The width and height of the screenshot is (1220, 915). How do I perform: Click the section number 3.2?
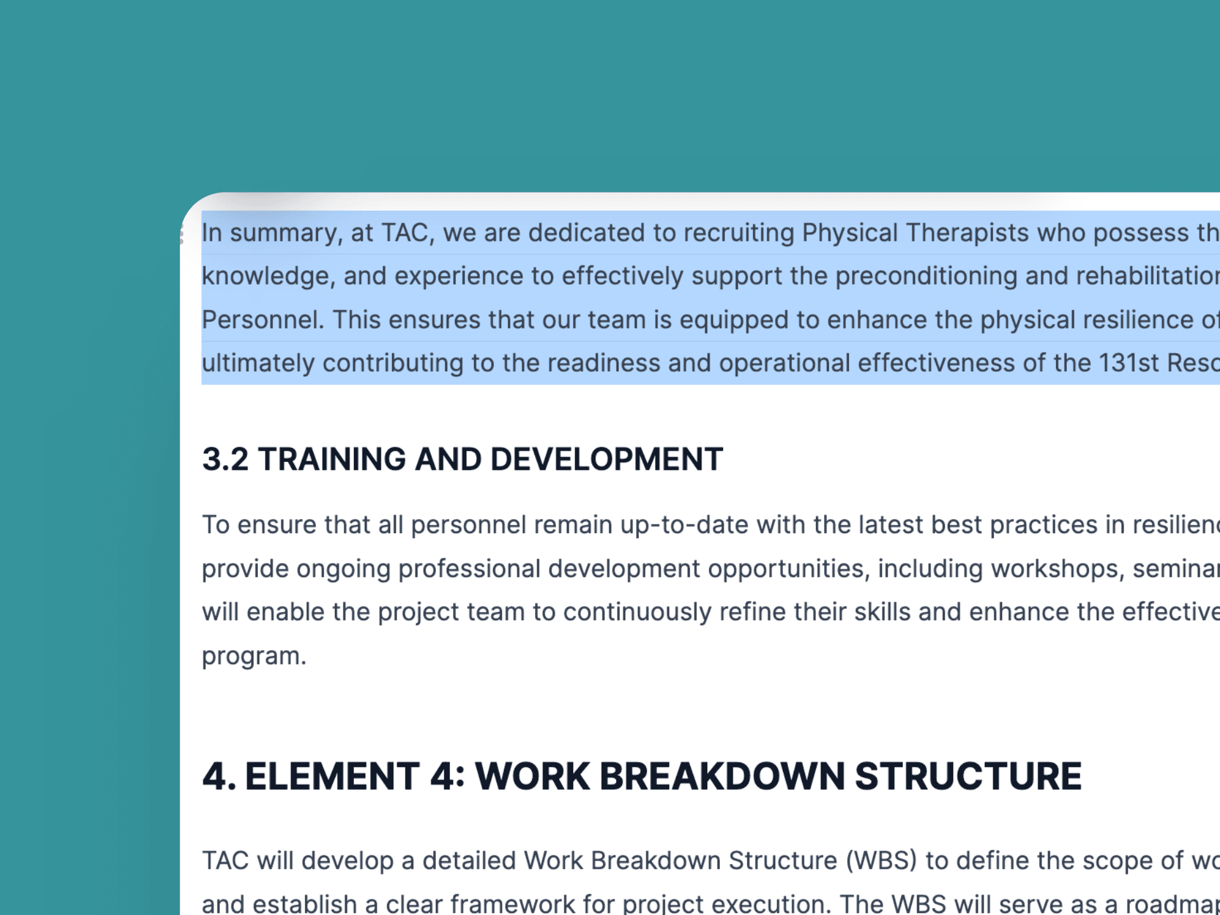[225, 459]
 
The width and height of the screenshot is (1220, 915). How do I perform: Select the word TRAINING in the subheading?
[332, 459]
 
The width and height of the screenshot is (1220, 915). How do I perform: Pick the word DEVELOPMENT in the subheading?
[606, 459]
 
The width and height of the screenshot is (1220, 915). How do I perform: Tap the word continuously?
[637, 613]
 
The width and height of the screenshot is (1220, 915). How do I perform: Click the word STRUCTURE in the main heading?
[968, 776]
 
